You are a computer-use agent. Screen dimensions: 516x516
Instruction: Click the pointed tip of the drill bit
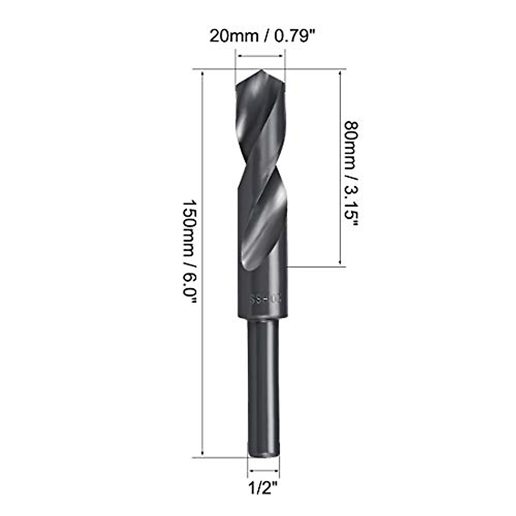261,72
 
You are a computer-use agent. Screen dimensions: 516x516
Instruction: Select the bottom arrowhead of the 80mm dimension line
341,263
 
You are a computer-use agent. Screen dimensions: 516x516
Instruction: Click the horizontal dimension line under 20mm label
261,55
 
